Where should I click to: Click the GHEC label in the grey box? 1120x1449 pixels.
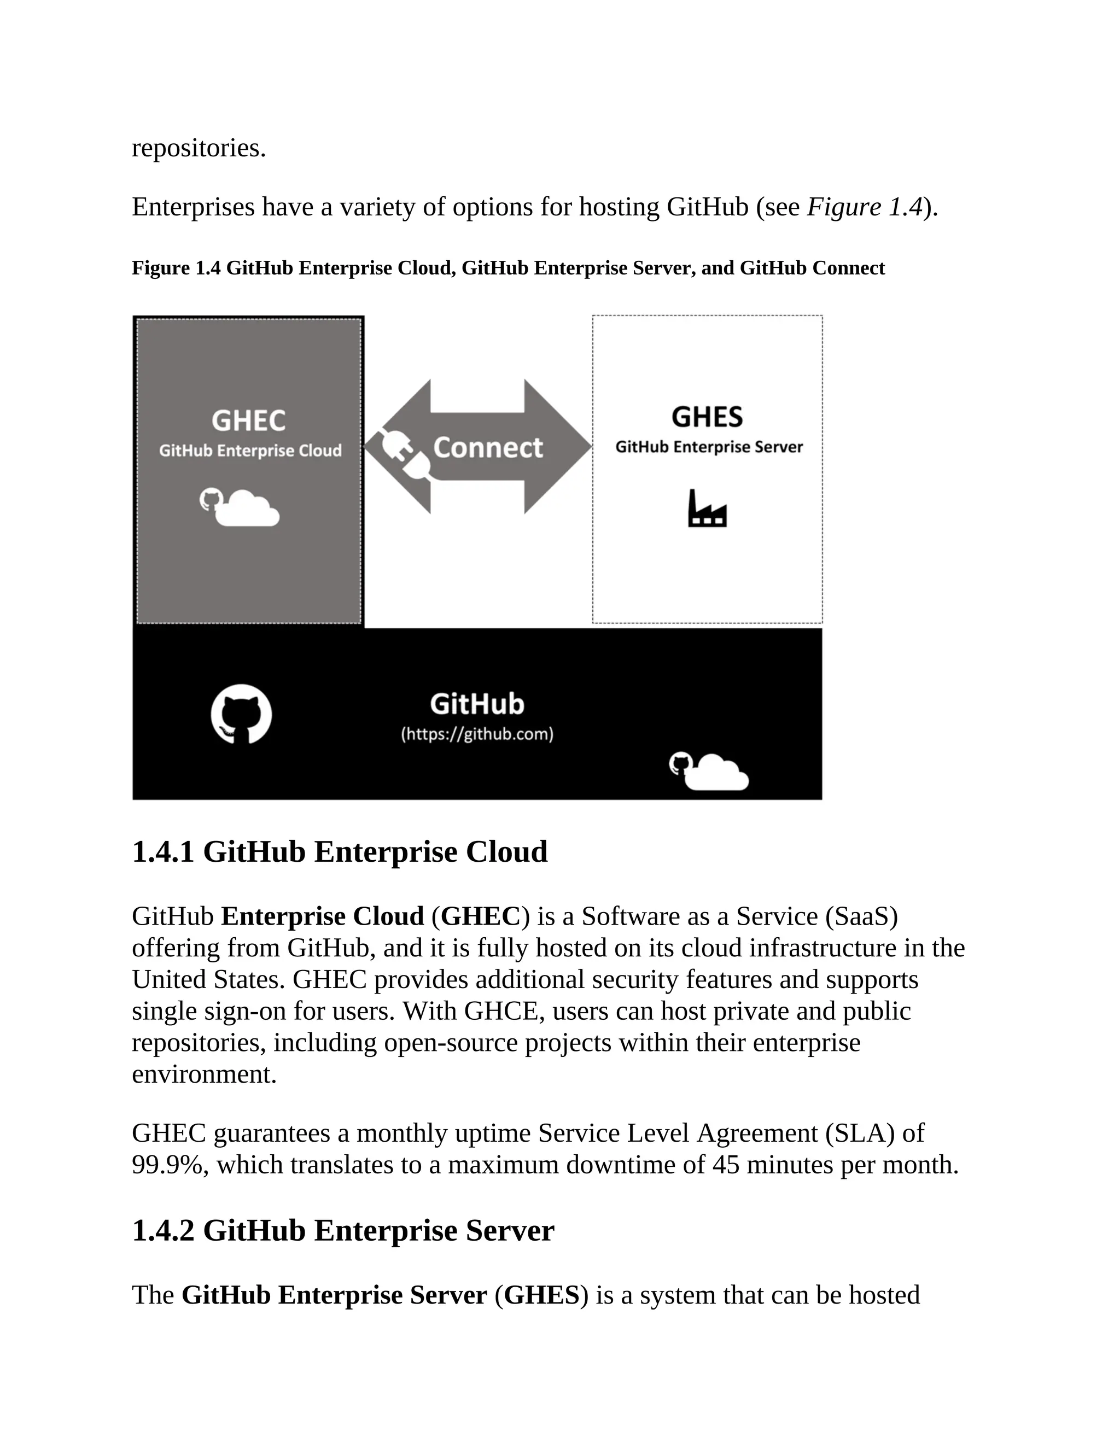249,420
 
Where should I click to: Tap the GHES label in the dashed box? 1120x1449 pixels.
707,417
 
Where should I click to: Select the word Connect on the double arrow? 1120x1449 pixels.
488,448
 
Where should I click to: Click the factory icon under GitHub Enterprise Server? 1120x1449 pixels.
707,509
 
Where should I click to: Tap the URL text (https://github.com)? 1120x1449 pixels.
477,734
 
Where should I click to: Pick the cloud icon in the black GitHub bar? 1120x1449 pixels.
709,772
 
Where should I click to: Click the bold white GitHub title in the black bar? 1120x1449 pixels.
477,704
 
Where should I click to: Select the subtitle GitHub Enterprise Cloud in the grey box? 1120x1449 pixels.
250,451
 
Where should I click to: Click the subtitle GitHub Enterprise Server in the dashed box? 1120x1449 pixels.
709,447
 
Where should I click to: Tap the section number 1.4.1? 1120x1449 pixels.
163,852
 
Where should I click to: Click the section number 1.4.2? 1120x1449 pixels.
163,1231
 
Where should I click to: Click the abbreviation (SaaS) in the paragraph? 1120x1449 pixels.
861,916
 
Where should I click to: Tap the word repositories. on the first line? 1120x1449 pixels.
199,148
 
